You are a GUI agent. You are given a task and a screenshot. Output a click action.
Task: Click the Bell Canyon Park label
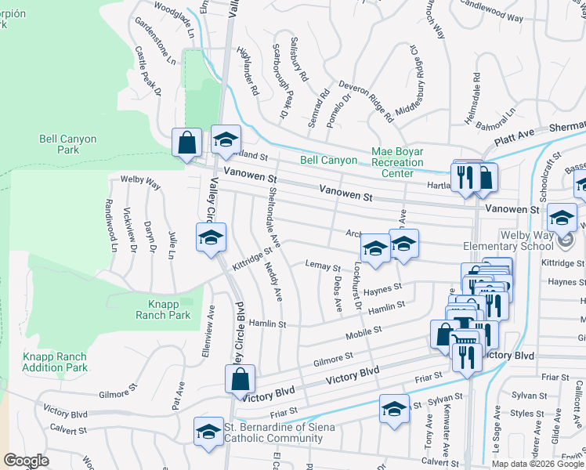pos(69,144)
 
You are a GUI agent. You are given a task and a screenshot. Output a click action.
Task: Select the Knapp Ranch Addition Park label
pos(55,362)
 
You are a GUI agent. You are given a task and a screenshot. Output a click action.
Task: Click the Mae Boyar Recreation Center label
pos(396,161)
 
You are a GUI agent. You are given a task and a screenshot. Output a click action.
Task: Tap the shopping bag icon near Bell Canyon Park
pos(187,143)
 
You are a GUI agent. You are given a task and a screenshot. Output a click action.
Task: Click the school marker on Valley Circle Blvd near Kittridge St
pos(210,238)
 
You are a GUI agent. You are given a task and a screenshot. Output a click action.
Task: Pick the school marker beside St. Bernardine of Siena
pos(208,432)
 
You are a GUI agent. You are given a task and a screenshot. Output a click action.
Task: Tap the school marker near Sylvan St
pos(394,408)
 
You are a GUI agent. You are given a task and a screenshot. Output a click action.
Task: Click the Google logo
pos(26,461)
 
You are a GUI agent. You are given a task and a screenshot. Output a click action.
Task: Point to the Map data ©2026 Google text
pos(537,464)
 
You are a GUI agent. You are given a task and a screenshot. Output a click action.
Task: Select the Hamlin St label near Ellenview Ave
pos(268,323)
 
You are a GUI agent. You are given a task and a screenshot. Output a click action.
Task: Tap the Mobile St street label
pos(365,334)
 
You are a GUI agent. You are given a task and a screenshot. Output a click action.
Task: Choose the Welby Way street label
pos(140,183)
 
